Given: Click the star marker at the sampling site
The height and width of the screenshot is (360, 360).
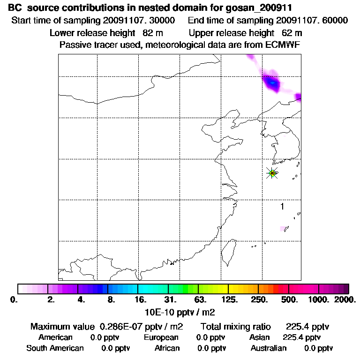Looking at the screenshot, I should (x=272, y=173).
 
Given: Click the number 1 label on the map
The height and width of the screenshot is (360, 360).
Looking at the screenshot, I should (x=282, y=206).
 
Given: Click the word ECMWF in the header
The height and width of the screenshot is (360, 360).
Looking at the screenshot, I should (x=284, y=45).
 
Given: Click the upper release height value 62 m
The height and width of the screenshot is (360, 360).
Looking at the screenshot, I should (x=292, y=33).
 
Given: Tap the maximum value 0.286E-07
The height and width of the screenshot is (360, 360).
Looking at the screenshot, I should (x=123, y=327).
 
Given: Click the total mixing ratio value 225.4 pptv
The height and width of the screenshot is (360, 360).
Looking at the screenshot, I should (x=304, y=327).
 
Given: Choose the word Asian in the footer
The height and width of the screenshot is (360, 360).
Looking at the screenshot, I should (x=261, y=337).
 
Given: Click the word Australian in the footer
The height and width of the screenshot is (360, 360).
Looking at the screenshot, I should (x=269, y=348).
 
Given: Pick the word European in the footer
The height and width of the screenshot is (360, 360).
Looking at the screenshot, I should (x=161, y=337).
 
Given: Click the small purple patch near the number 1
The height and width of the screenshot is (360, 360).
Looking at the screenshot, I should (x=283, y=229).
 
